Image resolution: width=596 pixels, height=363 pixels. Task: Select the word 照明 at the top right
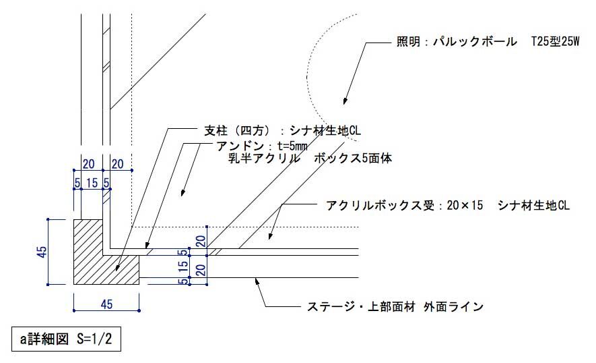[x=407, y=42]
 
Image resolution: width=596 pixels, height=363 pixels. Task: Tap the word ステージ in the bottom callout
[x=326, y=307]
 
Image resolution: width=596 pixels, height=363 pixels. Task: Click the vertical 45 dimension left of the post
[x=42, y=252]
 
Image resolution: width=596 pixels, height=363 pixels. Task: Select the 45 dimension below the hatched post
[x=106, y=304]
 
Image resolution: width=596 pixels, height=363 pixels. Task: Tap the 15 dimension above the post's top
[x=92, y=182]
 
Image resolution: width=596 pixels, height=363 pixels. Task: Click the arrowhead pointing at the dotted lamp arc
[x=344, y=101]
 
